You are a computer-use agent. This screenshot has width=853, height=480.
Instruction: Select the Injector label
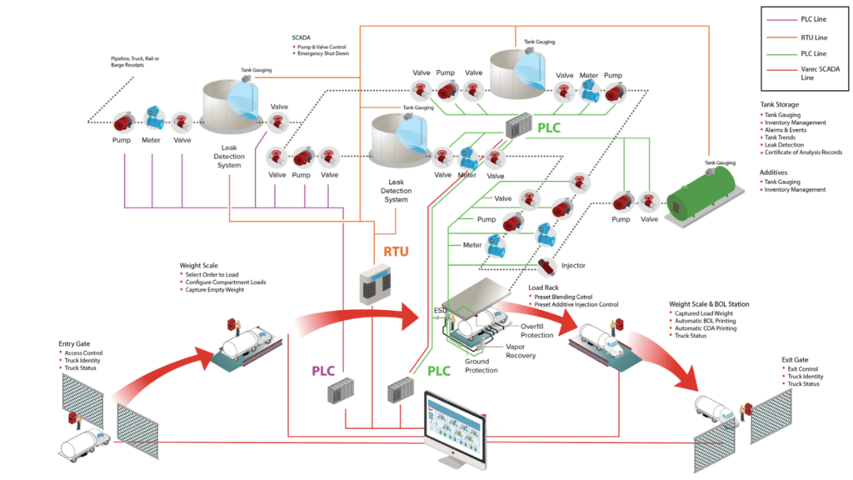tap(573, 266)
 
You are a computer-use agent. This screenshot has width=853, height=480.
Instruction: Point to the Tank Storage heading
tap(779, 104)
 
